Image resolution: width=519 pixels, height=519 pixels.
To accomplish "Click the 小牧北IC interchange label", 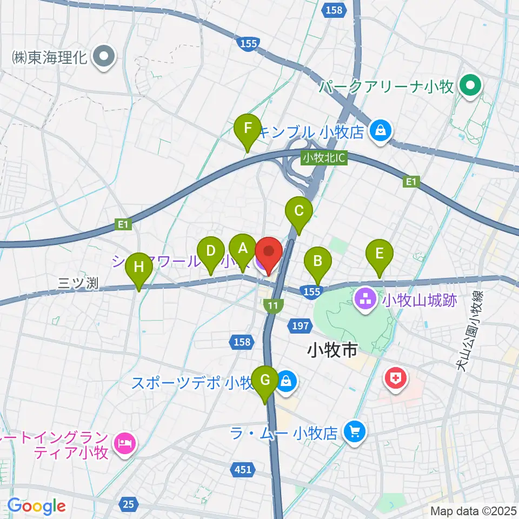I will coord(324,158).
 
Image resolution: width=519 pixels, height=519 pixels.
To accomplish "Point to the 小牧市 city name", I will coord(332,351).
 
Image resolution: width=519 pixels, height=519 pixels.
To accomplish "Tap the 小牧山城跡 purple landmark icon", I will coord(365,298).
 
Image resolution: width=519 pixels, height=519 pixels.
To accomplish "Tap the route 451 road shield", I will coord(243,469).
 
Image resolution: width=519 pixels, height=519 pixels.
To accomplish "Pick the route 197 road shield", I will coord(302,325).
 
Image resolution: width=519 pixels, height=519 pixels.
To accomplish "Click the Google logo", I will coord(37,506).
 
